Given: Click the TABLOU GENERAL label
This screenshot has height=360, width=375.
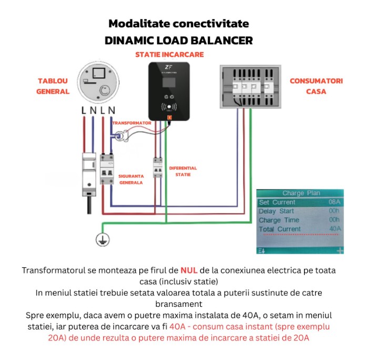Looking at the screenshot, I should (x=53, y=86).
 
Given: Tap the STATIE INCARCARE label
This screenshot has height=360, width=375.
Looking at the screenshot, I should (x=169, y=54).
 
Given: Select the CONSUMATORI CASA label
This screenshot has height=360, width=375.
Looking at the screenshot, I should (x=316, y=86).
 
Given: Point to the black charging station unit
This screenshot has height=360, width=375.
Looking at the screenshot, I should (x=168, y=92).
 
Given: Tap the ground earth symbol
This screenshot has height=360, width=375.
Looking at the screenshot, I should (x=102, y=239).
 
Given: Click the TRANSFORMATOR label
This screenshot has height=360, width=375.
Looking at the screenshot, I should (x=131, y=123).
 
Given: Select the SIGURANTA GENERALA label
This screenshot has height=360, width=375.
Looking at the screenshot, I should (x=131, y=179).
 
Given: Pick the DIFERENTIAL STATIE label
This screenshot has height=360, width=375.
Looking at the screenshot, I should (x=183, y=172).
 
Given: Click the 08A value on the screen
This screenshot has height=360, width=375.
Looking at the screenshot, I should (x=334, y=202).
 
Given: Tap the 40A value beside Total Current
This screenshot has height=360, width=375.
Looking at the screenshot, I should (x=335, y=229).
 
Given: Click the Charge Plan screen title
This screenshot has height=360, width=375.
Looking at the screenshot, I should (x=300, y=193).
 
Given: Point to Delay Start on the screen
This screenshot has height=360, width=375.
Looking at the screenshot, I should (x=276, y=211).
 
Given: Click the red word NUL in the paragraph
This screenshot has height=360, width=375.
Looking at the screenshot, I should (x=188, y=270).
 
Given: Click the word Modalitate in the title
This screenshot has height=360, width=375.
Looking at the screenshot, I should (x=136, y=24).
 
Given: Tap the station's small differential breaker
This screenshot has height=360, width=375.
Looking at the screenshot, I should (x=157, y=171).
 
